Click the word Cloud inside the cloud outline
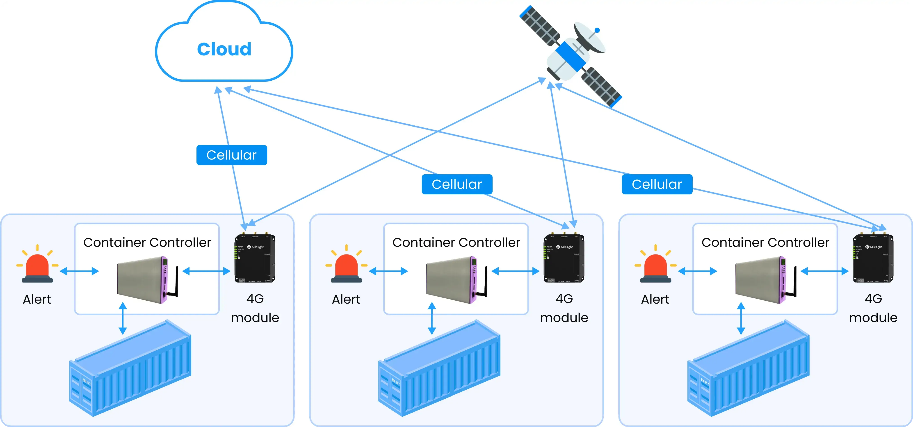(224, 49)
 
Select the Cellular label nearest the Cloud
(231, 155)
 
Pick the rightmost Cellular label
(657, 184)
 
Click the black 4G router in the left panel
(255, 259)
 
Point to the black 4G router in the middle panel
(564, 259)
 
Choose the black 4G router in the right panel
(873, 259)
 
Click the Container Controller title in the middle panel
(456, 242)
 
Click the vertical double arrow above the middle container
(432, 318)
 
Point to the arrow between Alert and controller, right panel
(698, 271)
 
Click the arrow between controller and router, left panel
(206, 271)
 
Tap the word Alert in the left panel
(37, 300)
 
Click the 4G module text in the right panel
(873, 308)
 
